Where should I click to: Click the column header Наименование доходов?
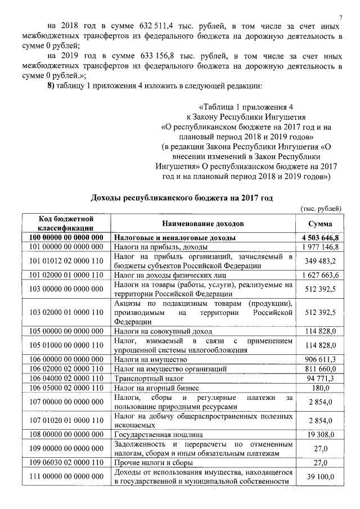201,223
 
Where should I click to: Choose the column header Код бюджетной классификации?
66,223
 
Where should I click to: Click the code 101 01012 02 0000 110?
66,262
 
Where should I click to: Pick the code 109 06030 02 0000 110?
66,463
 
